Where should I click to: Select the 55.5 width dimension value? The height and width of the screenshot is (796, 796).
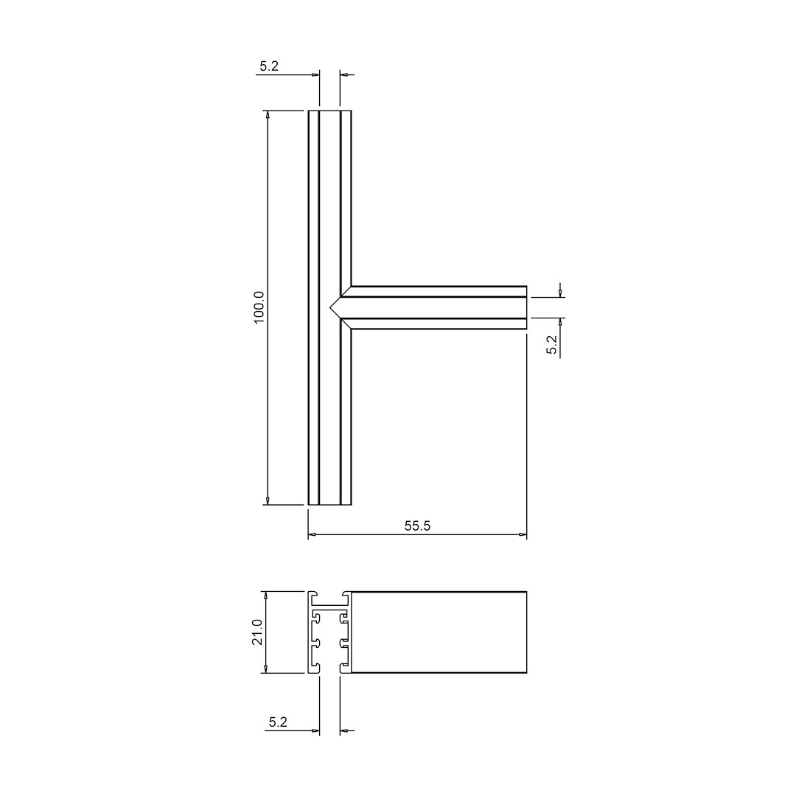point(417,526)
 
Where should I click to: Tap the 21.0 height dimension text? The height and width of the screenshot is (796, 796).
point(257,632)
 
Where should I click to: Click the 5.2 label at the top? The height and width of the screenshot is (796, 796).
point(269,66)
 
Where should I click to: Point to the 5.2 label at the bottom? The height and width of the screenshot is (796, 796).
point(278,722)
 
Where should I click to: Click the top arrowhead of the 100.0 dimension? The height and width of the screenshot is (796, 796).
point(268,115)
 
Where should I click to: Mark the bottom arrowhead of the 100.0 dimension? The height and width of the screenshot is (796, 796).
point(268,500)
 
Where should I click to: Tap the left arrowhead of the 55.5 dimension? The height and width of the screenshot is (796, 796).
point(313,534)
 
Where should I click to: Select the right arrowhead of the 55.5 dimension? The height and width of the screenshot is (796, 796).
point(523,534)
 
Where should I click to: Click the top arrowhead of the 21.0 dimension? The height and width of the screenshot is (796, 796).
point(265,595)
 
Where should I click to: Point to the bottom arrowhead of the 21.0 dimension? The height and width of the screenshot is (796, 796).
point(265,668)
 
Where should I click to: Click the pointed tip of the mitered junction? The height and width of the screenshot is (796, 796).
point(330,307)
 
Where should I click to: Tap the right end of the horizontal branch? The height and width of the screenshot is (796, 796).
point(526,307)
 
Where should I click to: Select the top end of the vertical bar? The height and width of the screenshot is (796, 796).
point(329,112)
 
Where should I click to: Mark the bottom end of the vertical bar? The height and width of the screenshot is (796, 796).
point(329,504)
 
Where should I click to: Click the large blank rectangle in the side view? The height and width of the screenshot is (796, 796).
point(439,632)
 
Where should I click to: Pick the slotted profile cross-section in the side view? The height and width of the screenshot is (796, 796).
point(329,632)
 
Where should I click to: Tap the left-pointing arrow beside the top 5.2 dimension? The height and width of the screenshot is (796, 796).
point(344,74)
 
